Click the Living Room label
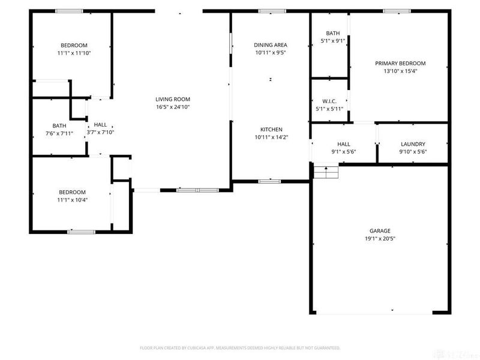[x=172, y=100]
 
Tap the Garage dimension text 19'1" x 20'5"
[x=380, y=238]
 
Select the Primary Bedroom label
[x=400, y=64]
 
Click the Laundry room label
[x=413, y=144]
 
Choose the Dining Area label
[x=270, y=45]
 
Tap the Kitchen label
[x=271, y=130]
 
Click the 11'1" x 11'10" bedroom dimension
[x=74, y=53]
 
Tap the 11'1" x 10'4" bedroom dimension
[x=73, y=200]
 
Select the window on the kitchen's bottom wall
[x=270, y=181]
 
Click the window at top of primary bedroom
[x=397, y=11]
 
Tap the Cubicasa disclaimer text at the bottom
[x=240, y=347]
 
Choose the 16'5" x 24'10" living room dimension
[x=172, y=107]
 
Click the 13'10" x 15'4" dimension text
[x=400, y=71]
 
